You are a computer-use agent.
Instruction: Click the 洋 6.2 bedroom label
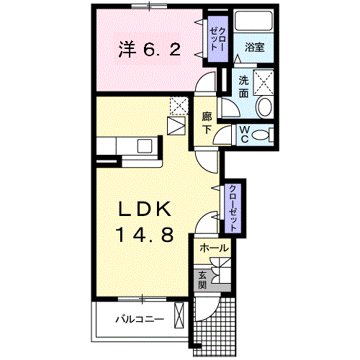point(150,50)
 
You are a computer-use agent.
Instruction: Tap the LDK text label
point(145,209)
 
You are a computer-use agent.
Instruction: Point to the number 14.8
point(145,235)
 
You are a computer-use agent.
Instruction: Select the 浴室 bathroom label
point(254,48)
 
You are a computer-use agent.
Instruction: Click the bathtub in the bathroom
point(253,21)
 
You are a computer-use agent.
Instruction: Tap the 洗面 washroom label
point(243,86)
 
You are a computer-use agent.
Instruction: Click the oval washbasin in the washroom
point(264,107)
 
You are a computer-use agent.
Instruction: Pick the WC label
point(244,134)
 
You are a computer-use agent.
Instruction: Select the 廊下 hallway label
point(207,123)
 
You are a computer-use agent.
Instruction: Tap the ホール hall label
point(214,248)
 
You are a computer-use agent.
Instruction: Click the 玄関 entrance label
point(202,280)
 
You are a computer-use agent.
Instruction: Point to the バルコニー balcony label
point(140,320)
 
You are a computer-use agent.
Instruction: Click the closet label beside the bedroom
point(217,39)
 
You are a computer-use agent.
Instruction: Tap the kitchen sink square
point(145,146)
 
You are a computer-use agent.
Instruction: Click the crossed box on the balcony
point(179,315)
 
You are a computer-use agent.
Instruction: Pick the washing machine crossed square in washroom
point(264,82)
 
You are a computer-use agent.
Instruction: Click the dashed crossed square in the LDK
point(179,105)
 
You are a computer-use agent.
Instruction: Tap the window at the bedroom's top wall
point(149,6)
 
